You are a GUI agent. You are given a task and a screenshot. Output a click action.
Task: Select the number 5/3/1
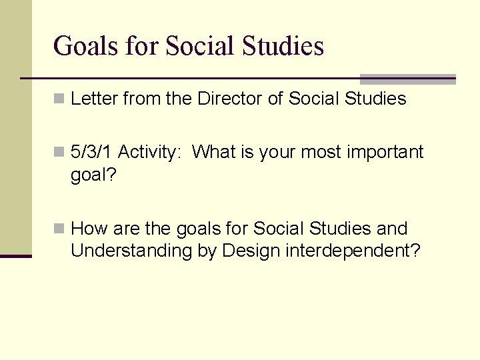click(x=91, y=153)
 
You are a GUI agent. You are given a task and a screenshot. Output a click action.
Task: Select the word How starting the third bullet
click(x=89, y=229)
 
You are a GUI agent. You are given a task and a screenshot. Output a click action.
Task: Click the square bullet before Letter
click(x=59, y=99)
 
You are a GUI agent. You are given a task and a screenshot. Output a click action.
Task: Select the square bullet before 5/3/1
click(x=59, y=153)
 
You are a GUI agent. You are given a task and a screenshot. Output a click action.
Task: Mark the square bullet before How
click(x=59, y=229)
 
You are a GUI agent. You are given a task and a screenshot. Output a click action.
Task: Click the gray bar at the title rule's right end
click(x=407, y=79)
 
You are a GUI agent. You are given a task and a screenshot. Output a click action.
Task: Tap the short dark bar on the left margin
click(x=16, y=255)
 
